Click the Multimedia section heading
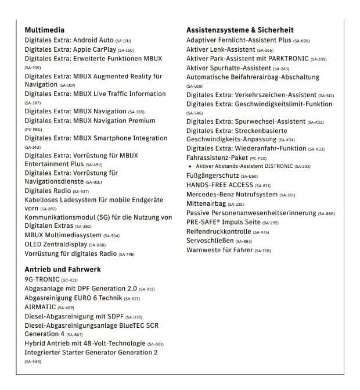(44, 30)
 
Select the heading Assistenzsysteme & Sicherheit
(240, 30)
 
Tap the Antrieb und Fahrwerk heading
(63, 269)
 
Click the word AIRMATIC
(40, 307)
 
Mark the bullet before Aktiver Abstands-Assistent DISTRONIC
(190, 166)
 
